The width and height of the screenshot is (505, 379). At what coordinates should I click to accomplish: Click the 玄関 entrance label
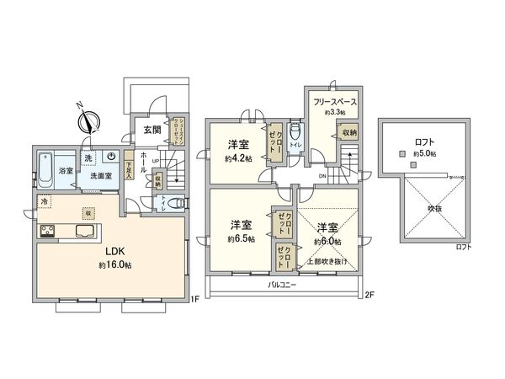tap(151, 130)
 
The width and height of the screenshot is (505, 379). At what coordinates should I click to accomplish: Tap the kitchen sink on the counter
tap(86, 231)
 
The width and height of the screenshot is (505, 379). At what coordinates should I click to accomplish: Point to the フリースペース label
tap(336, 102)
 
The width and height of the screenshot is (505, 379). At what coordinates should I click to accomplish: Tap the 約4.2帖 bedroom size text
tap(238, 157)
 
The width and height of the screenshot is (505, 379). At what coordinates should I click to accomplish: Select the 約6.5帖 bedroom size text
tap(242, 238)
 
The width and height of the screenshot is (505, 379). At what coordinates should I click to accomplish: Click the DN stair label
tap(322, 176)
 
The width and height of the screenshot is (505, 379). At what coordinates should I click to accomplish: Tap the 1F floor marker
tap(194, 297)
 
